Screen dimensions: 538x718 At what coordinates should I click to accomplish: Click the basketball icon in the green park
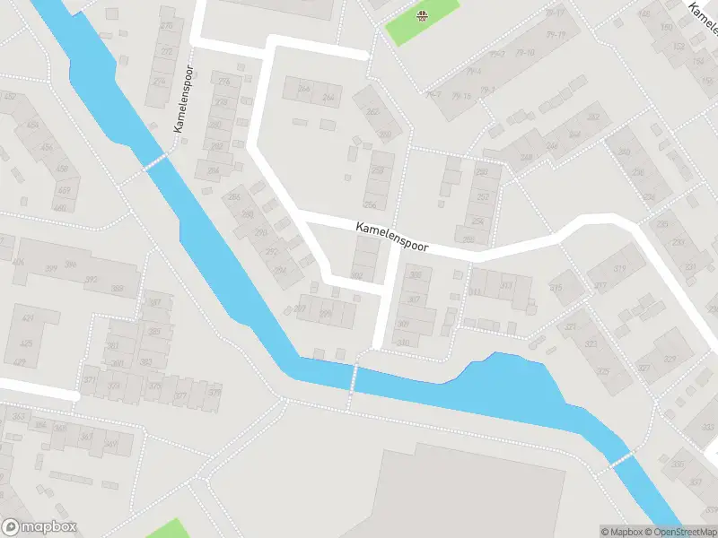tap(422, 14)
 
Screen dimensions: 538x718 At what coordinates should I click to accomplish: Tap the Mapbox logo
tap(39, 527)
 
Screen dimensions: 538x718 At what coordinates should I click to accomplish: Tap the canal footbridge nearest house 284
tap(154, 162)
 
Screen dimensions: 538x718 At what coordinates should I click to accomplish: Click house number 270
tap(166, 26)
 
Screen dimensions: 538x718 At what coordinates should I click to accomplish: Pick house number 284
tap(213, 170)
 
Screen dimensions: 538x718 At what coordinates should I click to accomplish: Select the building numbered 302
tap(356, 275)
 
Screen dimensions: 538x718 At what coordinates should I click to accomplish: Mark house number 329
tap(670, 359)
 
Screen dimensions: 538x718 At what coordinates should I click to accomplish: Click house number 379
tap(214, 392)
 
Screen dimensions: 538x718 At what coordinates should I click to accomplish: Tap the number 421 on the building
tap(27, 319)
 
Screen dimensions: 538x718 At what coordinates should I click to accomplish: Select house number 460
tap(59, 208)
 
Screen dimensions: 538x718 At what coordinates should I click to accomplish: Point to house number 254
tap(477, 221)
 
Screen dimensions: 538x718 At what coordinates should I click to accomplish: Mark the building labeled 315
tap(556, 288)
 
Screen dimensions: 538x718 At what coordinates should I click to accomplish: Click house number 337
tap(696, 482)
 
